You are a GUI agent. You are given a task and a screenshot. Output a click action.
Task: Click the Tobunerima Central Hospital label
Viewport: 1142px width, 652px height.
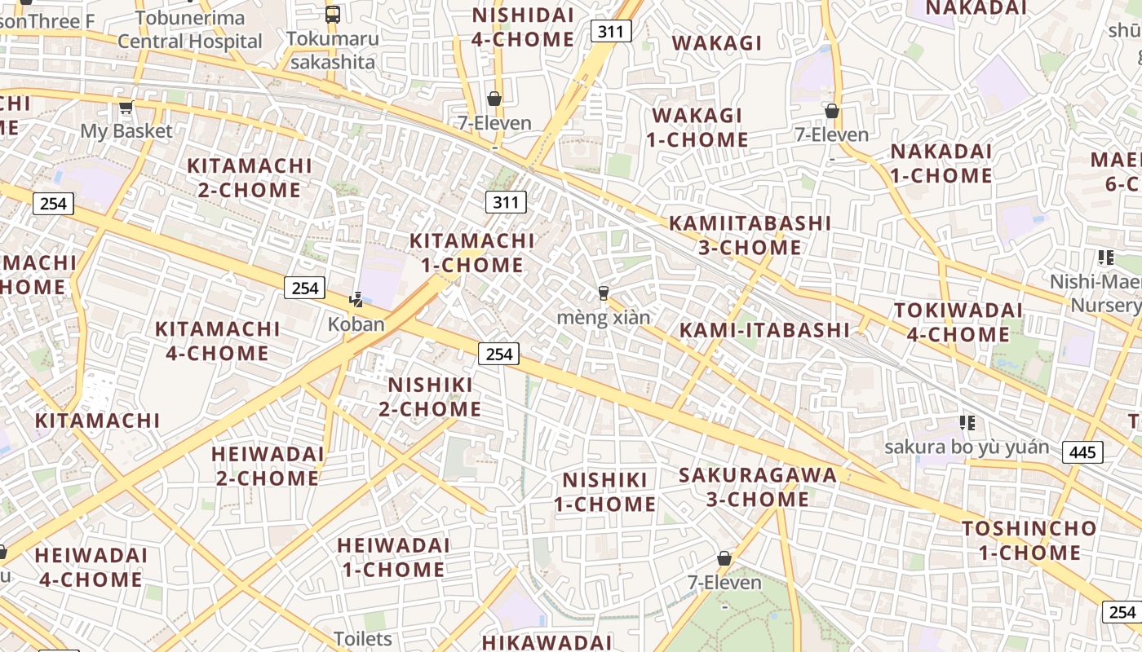pyautogui.click(x=190, y=30)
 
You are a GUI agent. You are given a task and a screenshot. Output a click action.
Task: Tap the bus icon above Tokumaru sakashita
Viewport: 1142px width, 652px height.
pyautogui.click(x=332, y=14)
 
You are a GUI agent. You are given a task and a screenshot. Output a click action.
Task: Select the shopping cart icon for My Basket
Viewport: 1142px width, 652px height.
pyautogui.click(x=126, y=108)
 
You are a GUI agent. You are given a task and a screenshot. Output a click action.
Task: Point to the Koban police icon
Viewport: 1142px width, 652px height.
pyautogui.click(x=356, y=300)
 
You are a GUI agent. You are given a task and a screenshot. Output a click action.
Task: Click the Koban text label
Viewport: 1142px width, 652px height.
pyautogui.click(x=356, y=324)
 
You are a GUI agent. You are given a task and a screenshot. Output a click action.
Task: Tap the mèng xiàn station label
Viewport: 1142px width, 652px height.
pyautogui.click(x=604, y=317)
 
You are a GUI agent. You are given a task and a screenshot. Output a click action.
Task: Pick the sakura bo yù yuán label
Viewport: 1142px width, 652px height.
pyautogui.click(x=967, y=447)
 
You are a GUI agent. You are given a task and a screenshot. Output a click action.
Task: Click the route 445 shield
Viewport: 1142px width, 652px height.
pyautogui.click(x=1083, y=452)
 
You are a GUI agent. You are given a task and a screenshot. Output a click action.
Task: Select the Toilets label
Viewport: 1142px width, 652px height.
pyautogui.click(x=362, y=639)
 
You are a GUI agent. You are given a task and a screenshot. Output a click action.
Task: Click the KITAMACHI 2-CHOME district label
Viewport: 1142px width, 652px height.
pyautogui.click(x=250, y=178)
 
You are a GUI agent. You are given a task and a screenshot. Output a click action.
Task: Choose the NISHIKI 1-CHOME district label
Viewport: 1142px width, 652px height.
pyautogui.click(x=604, y=491)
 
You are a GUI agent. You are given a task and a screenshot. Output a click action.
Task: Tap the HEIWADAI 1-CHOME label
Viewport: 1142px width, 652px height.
pyautogui.click(x=393, y=557)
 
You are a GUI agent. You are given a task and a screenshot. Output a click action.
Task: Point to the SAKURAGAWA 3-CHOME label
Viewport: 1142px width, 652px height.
pyautogui.click(x=758, y=487)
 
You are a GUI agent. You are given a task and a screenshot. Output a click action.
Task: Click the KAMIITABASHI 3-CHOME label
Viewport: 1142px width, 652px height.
pyautogui.click(x=750, y=235)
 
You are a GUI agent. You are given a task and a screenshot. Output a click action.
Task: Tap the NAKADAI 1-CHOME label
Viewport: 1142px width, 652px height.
pyautogui.click(x=941, y=163)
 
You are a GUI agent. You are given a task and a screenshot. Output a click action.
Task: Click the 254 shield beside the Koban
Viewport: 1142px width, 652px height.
pyautogui.click(x=304, y=288)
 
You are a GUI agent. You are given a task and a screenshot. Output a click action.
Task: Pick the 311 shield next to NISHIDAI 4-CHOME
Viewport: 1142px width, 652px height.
pyautogui.click(x=610, y=32)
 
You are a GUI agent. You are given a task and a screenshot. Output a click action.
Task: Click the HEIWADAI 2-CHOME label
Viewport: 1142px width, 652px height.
pyautogui.click(x=268, y=465)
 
